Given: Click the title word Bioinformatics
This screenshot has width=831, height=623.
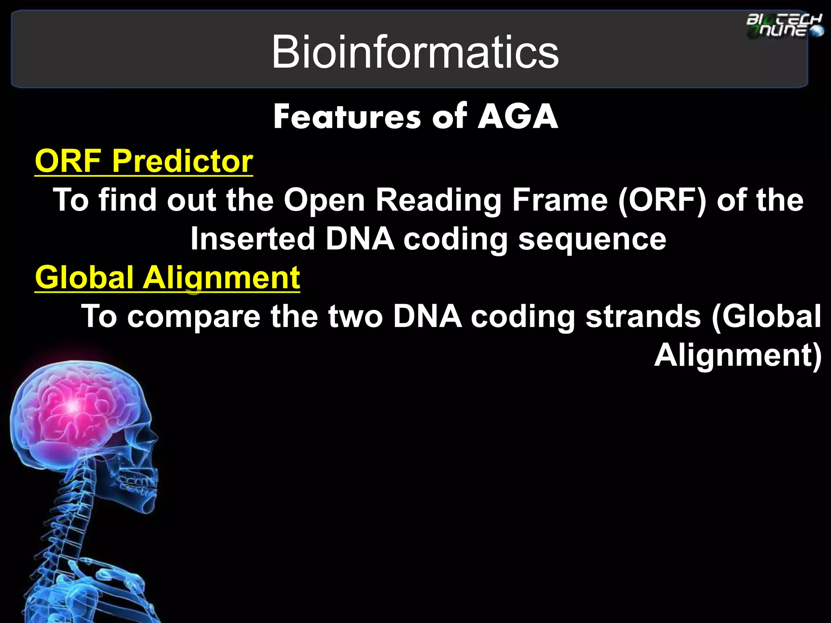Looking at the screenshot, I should point(415,52).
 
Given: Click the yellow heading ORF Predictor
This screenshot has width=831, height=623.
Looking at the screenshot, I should point(144,161).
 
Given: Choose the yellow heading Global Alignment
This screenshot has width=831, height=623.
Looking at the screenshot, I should point(167,278).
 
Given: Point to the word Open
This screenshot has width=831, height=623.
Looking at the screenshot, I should point(324,200).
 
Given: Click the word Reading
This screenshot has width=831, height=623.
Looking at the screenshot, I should point(439,201).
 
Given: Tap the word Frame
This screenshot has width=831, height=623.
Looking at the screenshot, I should point(560,200).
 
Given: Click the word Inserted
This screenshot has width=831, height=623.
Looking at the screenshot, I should point(253,238).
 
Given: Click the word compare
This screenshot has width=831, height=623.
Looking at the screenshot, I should point(194,317).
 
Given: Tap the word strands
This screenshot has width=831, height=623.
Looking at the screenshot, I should point(643,316).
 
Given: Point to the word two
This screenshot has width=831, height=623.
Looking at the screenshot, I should point(355,316).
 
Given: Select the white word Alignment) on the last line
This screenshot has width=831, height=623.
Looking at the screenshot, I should point(738,355).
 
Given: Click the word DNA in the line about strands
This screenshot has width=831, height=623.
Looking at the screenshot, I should point(427,316).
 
